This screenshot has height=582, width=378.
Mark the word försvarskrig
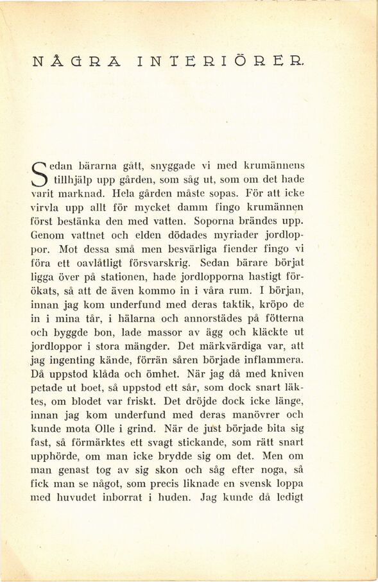(x=159, y=262)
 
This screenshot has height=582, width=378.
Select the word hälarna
(x=134, y=318)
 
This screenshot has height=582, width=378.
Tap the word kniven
(x=288, y=373)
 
